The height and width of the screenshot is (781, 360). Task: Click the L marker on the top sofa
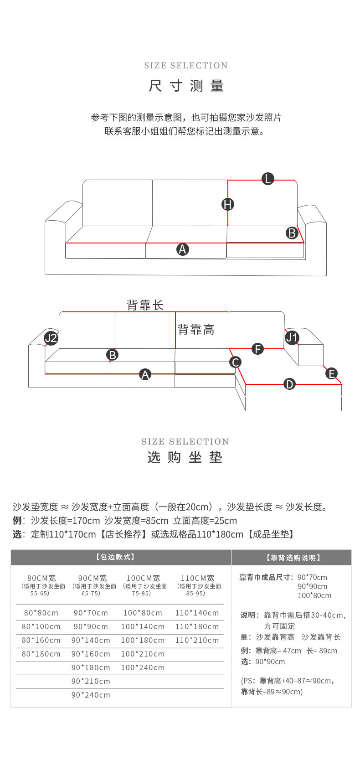pos(268,179)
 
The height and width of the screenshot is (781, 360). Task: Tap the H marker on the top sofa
pos(228,204)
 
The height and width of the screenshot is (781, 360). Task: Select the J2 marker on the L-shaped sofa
pos(51,338)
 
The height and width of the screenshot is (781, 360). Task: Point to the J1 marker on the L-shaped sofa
pos(292,338)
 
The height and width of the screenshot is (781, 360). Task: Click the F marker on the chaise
pos(258,349)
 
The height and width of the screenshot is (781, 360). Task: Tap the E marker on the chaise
pos(331,374)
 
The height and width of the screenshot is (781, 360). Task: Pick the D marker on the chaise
pos(289,384)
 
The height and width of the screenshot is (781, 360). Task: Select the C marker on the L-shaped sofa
pos(236,362)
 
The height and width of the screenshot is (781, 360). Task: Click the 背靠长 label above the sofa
pos(145,305)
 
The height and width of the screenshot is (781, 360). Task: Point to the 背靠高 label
pos(196,330)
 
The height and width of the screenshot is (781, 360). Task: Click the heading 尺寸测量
pos(186,86)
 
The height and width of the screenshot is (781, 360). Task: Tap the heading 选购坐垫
pos(185,457)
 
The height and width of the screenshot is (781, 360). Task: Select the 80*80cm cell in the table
pos(41,613)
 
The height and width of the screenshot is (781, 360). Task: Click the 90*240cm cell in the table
pos(91,695)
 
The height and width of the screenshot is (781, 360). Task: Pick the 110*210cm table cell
pos(197,640)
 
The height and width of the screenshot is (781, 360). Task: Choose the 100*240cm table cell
pos(143,667)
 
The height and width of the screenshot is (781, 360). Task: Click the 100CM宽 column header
pos(143,578)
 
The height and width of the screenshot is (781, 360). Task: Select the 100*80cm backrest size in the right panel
pos(314,595)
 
